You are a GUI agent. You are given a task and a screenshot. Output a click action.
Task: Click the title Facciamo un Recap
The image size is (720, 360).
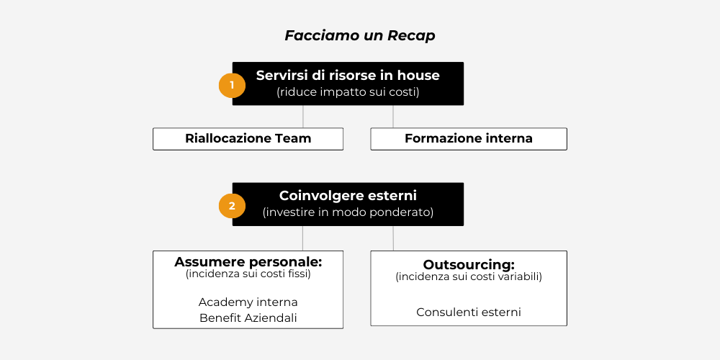(359, 35)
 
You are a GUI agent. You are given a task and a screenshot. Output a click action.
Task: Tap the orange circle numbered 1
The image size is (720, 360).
(232, 85)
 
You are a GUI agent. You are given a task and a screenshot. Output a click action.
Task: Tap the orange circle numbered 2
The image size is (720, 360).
(232, 206)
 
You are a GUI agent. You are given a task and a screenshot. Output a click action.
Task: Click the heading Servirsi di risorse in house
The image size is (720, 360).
(348, 75)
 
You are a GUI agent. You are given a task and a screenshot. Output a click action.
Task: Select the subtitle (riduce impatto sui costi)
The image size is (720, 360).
(348, 92)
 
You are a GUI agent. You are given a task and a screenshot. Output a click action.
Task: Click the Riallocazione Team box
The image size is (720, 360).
(248, 138)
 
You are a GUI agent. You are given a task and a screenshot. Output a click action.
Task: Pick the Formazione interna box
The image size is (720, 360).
(469, 138)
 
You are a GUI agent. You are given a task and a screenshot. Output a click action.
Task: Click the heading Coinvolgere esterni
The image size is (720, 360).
(348, 195)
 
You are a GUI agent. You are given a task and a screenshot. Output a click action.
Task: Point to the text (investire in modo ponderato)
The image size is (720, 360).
(348, 212)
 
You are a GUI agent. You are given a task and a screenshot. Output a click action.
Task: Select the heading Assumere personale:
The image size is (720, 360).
(248, 261)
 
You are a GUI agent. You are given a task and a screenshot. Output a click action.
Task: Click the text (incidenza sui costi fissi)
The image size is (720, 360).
(248, 274)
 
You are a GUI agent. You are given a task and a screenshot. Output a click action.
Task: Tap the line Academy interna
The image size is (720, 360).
(248, 302)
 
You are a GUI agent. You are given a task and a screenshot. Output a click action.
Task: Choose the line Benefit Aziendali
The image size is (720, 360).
(248, 318)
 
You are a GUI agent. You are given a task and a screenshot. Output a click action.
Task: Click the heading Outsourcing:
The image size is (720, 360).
(469, 264)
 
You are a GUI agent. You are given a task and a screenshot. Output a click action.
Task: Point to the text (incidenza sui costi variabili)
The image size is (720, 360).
(469, 276)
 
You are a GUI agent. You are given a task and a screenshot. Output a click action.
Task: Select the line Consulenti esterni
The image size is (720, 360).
(469, 312)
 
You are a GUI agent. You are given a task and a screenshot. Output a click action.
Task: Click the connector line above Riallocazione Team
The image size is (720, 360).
(303, 117)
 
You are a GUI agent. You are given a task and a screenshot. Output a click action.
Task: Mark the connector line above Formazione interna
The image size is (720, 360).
(393, 117)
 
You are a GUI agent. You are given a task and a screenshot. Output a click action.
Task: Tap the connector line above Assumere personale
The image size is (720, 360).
(303, 238)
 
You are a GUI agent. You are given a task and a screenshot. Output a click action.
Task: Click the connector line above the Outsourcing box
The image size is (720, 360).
(393, 238)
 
